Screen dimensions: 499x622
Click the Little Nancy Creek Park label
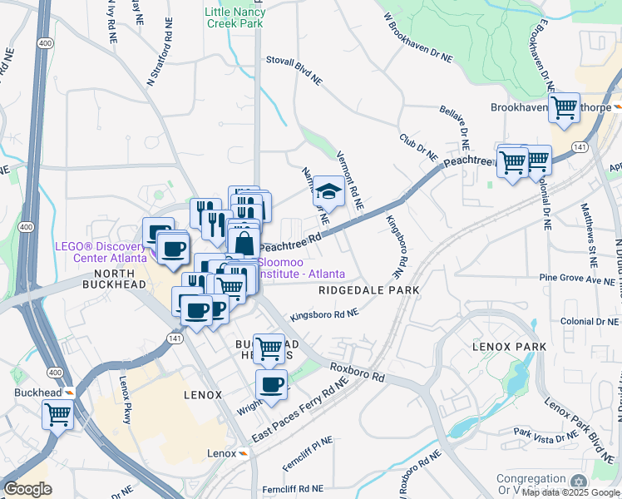[x=234, y=17]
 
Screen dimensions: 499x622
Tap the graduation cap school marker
[x=328, y=193]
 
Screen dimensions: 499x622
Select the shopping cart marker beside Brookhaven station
[x=564, y=107]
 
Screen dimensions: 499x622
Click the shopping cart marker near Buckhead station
[x=57, y=413]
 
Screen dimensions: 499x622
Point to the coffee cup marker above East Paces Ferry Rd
[x=271, y=384]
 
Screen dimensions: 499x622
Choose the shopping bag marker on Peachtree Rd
[x=244, y=244]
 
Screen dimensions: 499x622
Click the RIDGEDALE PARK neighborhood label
[x=368, y=290]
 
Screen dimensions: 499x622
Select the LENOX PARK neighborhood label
[x=509, y=346]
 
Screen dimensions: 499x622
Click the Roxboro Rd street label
[x=358, y=371]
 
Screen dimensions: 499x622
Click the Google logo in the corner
[x=27, y=488]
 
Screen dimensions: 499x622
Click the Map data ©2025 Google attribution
[x=570, y=492]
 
